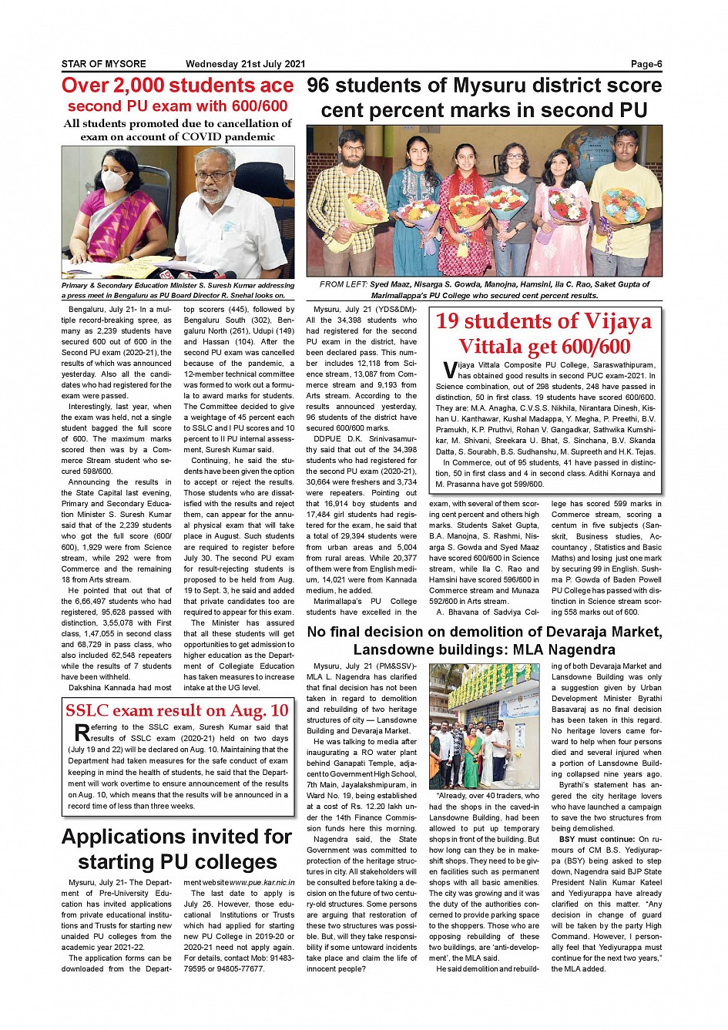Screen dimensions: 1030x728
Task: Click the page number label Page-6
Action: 646,64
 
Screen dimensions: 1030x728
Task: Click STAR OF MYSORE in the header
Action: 103,64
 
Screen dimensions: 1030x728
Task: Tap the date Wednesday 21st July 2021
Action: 245,64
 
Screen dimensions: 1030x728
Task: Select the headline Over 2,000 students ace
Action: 177,86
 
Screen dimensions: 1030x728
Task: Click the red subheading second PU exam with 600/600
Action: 177,106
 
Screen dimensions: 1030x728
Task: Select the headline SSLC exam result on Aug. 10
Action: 177,710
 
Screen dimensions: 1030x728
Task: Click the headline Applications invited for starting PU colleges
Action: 177,849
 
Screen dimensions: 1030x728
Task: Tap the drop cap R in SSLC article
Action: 81,733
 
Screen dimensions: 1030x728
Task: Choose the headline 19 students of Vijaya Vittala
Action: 543,334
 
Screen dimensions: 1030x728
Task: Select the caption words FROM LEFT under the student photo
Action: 344,284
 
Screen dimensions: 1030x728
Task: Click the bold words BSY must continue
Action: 589,839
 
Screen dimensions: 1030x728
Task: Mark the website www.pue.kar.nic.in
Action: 262,882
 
